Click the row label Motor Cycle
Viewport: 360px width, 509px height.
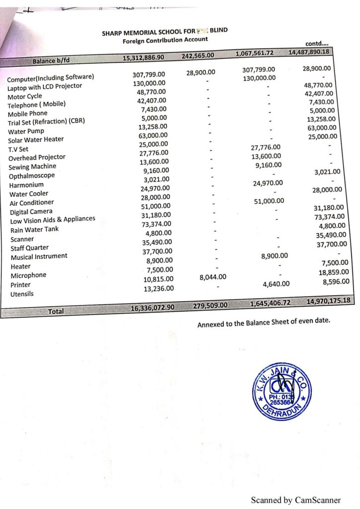pyautogui.click(x=25, y=96)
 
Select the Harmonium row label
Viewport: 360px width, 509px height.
pyautogui.click(x=27, y=185)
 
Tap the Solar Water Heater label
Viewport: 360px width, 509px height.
pyautogui.click(x=36, y=140)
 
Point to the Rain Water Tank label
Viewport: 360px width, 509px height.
pyautogui.click(x=34, y=230)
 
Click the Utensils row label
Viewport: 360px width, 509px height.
pyautogui.click(x=22, y=294)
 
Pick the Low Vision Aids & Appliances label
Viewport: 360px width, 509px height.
pyautogui.click(x=52, y=220)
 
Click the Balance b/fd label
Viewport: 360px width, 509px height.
pyautogui.click(x=51, y=61)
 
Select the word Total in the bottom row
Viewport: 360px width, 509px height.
pyautogui.click(x=56, y=311)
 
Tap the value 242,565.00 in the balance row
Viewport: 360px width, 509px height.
pyautogui.click(x=197, y=55)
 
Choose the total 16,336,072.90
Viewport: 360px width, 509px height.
pyautogui.click(x=152, y=308)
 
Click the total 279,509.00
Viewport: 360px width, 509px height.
pyautogui.click(x=210, y=305)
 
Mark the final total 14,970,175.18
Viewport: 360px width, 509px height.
pyautogui.click(x=329, y=301)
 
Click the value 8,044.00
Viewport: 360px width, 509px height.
pyautogui.click(x=213, y=277)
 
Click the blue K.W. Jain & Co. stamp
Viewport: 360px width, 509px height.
pyautogui.click(x=281, y=391)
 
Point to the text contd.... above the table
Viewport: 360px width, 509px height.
pyautogui.click(x=318, y=44)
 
